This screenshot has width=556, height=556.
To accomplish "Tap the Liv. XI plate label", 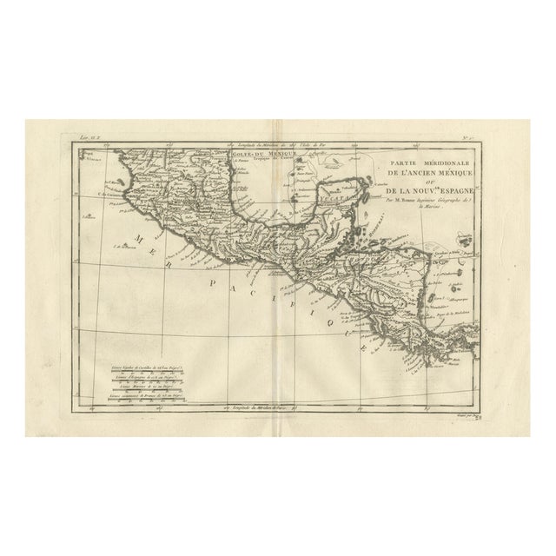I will [86, 136].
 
